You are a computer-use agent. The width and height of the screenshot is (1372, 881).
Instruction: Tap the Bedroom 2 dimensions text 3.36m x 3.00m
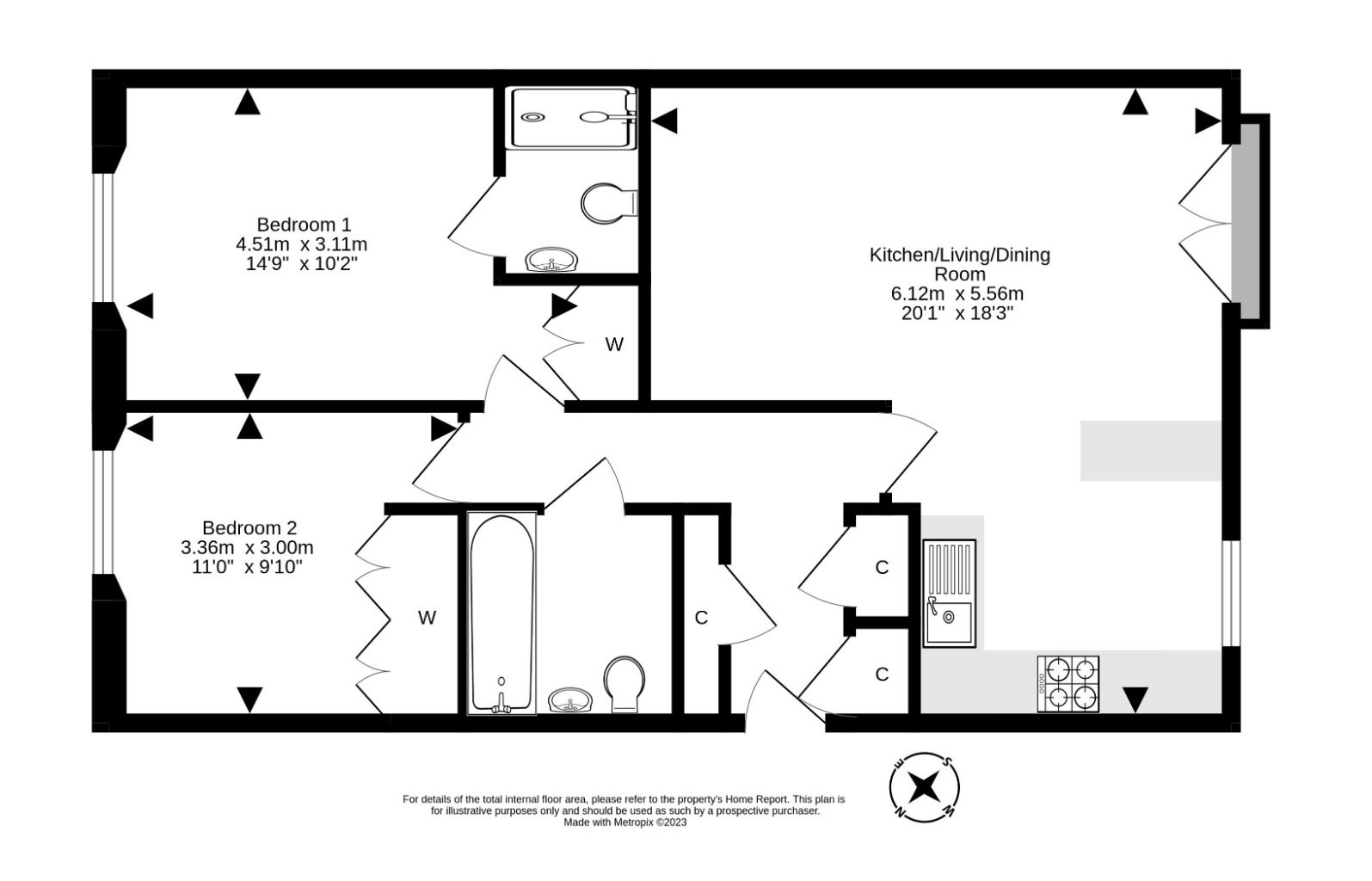247,547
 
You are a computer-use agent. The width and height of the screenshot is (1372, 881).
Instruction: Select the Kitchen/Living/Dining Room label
959,264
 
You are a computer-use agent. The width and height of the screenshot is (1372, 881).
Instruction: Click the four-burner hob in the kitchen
1068,684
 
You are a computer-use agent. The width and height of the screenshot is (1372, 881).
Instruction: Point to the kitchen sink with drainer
949,593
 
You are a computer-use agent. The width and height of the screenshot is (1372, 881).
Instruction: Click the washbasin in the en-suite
551,260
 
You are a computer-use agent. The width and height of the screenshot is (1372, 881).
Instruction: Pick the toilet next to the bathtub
624,683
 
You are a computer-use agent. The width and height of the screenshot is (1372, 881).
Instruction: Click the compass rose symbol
924,786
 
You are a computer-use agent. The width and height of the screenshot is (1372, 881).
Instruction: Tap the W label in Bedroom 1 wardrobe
613,345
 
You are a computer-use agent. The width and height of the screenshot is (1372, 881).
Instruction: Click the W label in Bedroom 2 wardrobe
427,617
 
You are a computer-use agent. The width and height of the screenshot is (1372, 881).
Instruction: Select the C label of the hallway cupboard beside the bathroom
701,618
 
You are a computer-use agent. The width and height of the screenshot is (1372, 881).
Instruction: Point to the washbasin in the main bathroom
569,700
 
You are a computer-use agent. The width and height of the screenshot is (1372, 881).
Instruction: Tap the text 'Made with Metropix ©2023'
624,822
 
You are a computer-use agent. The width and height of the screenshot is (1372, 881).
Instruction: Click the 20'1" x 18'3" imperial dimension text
957,313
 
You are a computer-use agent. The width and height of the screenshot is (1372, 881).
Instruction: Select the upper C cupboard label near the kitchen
882,568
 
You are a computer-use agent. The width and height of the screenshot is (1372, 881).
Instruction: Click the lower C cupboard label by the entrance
882,675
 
